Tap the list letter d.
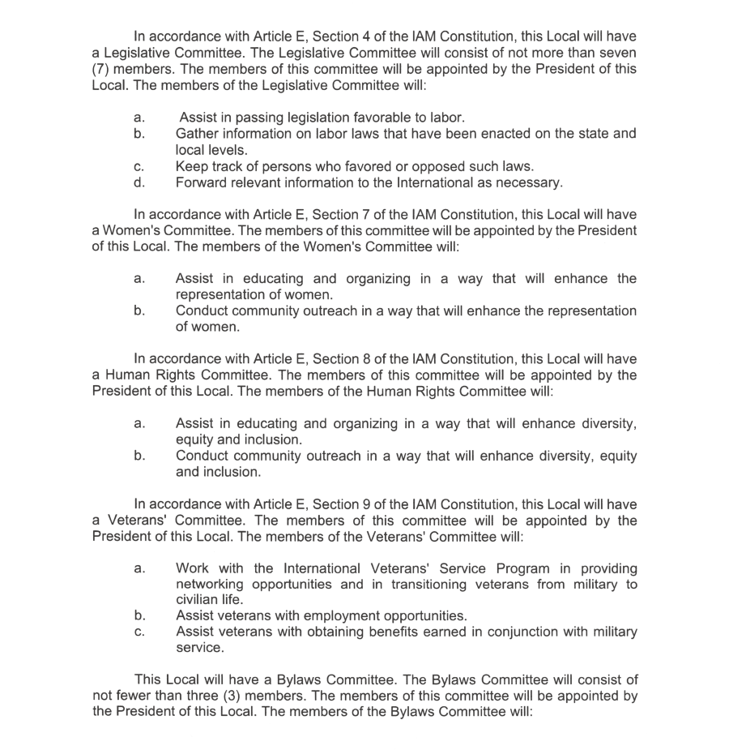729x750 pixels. click(139, 182)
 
